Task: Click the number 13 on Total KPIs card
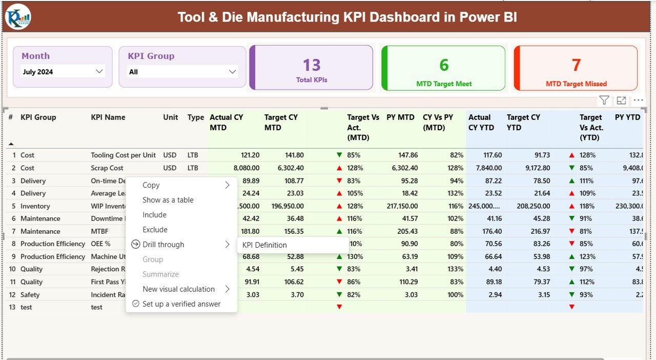click(x=311, y=65)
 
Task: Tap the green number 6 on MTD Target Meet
click(x=444, y=65)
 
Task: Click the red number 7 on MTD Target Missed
click(x=576, y=65)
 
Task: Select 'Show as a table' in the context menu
click(x=168, y=200)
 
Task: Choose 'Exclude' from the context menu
click(x=155, y=230)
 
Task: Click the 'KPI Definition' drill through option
click(x=264, y=245)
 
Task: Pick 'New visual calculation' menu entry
click(x=178, y=289)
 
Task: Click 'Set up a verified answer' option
click(x=181, y=304)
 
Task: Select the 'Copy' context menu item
click(x=151, y=185)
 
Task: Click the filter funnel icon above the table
click(x=604, y=101)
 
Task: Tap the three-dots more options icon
click(x=638, y=101)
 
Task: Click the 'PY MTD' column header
click(x=401, y=117)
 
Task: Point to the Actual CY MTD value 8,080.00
click(x=242, y=168)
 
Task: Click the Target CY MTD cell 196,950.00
click(x=284, y=206)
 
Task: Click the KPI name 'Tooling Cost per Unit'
click(x=123, y=155)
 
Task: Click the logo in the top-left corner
click(x=18, y=17)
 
